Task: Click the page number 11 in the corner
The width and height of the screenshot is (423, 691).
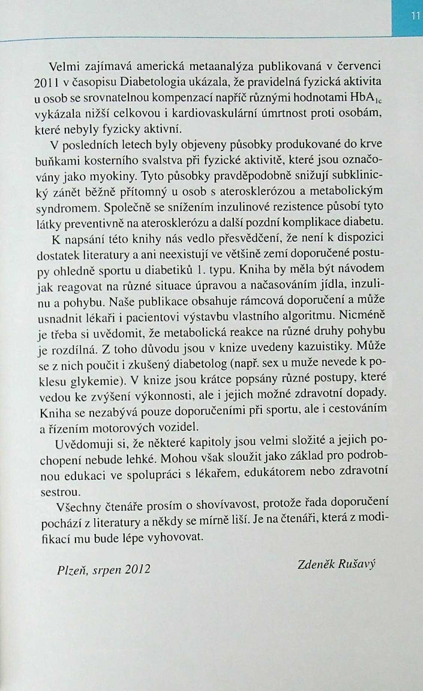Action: tap(414, 16)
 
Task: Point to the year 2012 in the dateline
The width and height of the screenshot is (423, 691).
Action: tap(138, 569)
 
